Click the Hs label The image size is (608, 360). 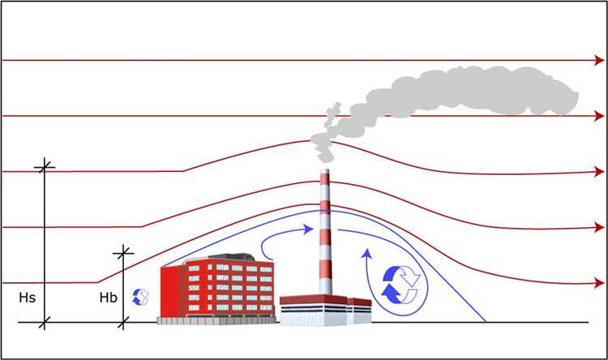pos(27,298)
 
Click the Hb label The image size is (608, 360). pos(108,298)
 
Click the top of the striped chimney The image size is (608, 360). pos(325,173)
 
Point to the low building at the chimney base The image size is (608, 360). pos(324,310)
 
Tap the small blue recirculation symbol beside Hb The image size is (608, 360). pos(141,297)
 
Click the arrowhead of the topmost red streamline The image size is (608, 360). pos(599,61)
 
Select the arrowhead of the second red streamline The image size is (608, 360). pos(599,116)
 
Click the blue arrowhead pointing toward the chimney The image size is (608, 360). pos(309,229)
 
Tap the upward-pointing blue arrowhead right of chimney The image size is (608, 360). pos(367,251)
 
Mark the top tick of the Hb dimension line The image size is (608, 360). pos(124,253)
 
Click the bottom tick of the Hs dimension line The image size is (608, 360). pos(44,323)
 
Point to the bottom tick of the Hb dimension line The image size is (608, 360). pos(124,323)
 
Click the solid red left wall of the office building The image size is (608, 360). pos(168,292)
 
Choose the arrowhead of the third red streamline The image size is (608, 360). pos(599,172)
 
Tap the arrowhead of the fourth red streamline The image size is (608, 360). pos(599,228)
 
